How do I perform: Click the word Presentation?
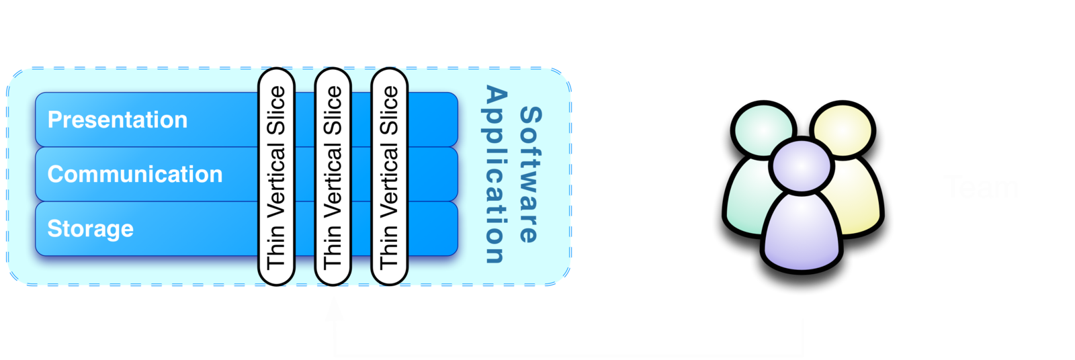[x=118, y=120]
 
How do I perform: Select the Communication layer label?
[x=135, y=175]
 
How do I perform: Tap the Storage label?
[x=91, y=229]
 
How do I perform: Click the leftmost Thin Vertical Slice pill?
[x=276, y=177]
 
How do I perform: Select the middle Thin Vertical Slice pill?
[x=333, y=177]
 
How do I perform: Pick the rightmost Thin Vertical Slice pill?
[x=389, y=177]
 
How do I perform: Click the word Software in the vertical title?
[x=529, y=174]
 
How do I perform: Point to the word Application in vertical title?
[x=495, y=174]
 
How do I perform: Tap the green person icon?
[x=749, y=195]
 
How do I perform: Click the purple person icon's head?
[x=800, y=165]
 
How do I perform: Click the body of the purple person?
[x=802, y=232]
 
